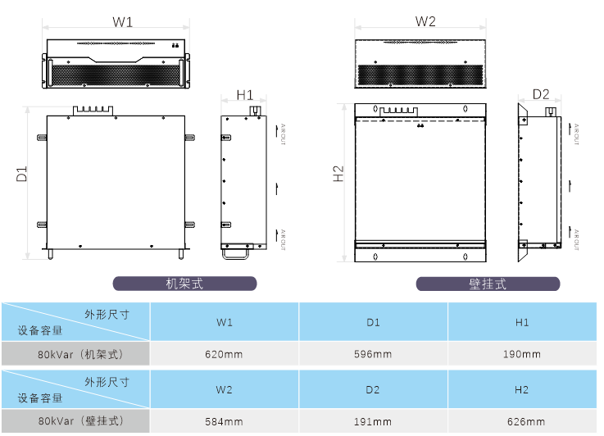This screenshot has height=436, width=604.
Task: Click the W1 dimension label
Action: click(123, 22)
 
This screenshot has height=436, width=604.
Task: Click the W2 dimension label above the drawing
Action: click(425, 21)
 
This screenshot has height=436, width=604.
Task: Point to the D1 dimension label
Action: click(22, 174)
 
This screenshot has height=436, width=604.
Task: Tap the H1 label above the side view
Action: click(245, 95)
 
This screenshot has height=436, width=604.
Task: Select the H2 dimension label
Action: click(338, 174)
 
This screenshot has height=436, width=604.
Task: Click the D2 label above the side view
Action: click(541, 94)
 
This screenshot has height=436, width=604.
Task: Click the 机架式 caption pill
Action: click(184, 284)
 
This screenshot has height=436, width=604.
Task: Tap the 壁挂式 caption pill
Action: click(488, 284)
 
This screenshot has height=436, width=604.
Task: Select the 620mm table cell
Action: click(225, 354)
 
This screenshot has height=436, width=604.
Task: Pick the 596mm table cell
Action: click(373, 354)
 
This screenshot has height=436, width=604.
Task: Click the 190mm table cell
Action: click(522, 354)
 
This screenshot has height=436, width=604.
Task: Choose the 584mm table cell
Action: click(225, 421)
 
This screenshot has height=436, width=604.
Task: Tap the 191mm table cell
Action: click(373, 421)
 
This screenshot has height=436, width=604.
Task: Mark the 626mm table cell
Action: click(522, 421)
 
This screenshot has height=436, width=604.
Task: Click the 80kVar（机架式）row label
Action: click(75, 354)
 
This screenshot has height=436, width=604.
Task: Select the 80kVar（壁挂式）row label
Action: click(75, 421)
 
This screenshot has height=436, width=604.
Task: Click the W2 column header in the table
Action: click(225, 389)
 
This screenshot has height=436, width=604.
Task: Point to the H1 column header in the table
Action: click(522, 322)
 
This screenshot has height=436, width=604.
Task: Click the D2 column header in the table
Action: click(373, 389)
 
